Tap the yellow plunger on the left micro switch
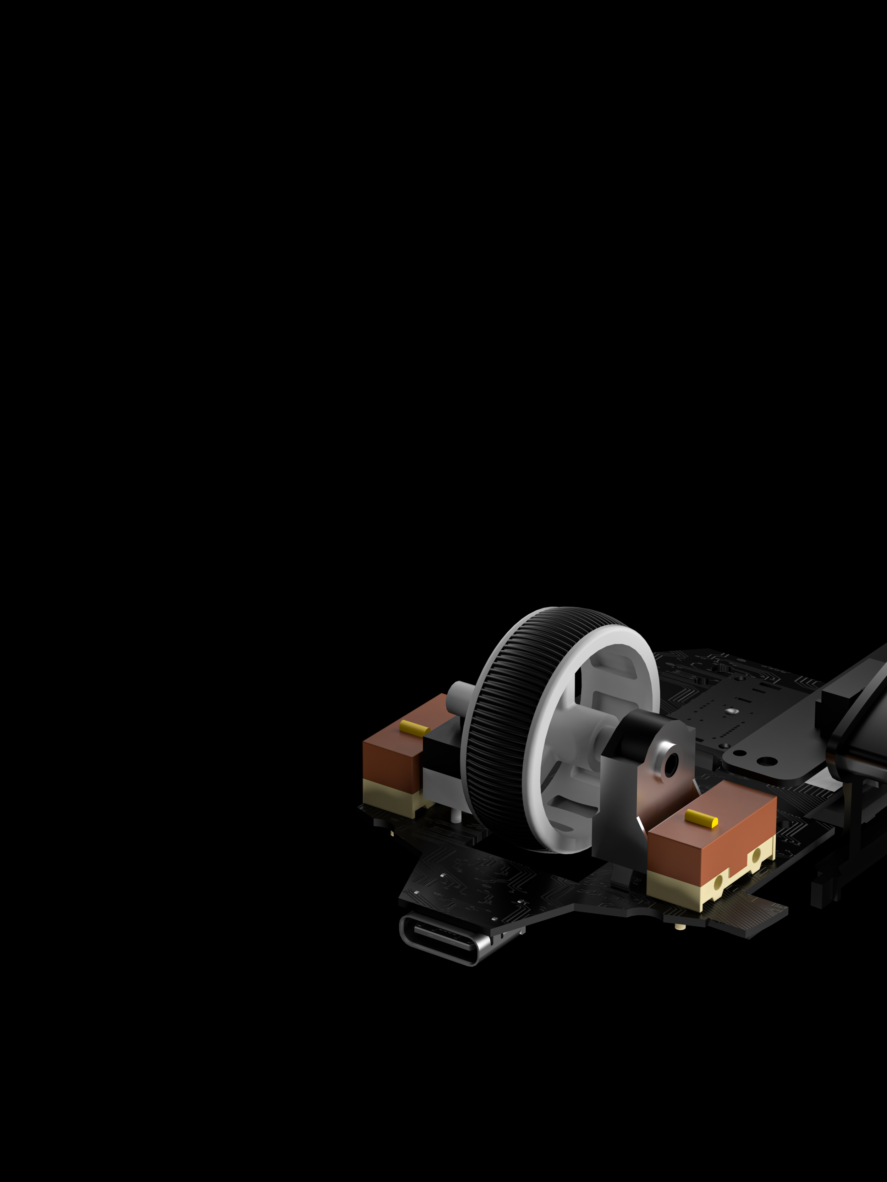click(x=414, y=727)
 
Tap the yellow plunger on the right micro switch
click(x=701, y=818)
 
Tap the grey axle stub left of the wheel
click(x=458, y=696)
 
